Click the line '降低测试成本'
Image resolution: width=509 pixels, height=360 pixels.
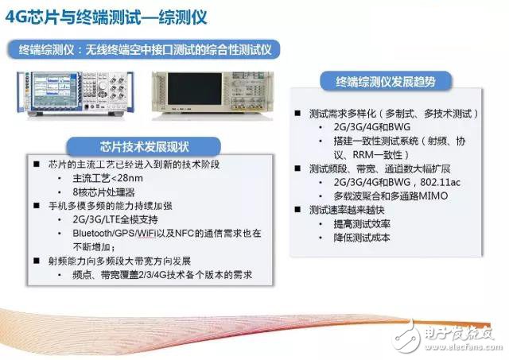tap(368, 238)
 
